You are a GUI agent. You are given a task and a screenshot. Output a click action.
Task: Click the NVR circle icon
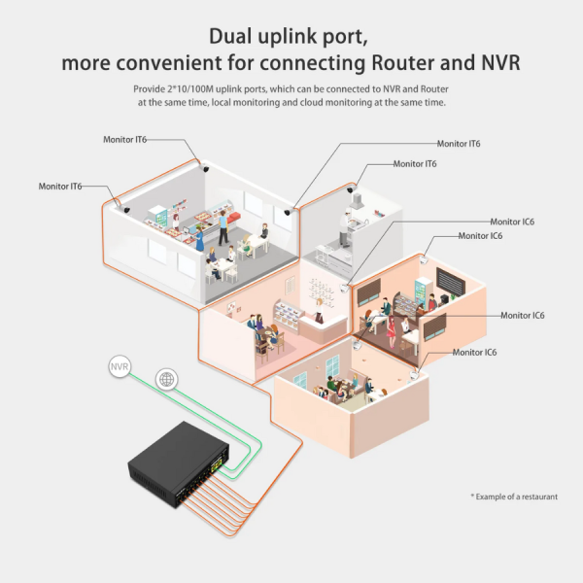point(120,367)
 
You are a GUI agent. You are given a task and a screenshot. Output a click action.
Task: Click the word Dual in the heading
point(235,37)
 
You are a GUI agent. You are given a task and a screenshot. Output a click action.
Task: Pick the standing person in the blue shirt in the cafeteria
point(223,228)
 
